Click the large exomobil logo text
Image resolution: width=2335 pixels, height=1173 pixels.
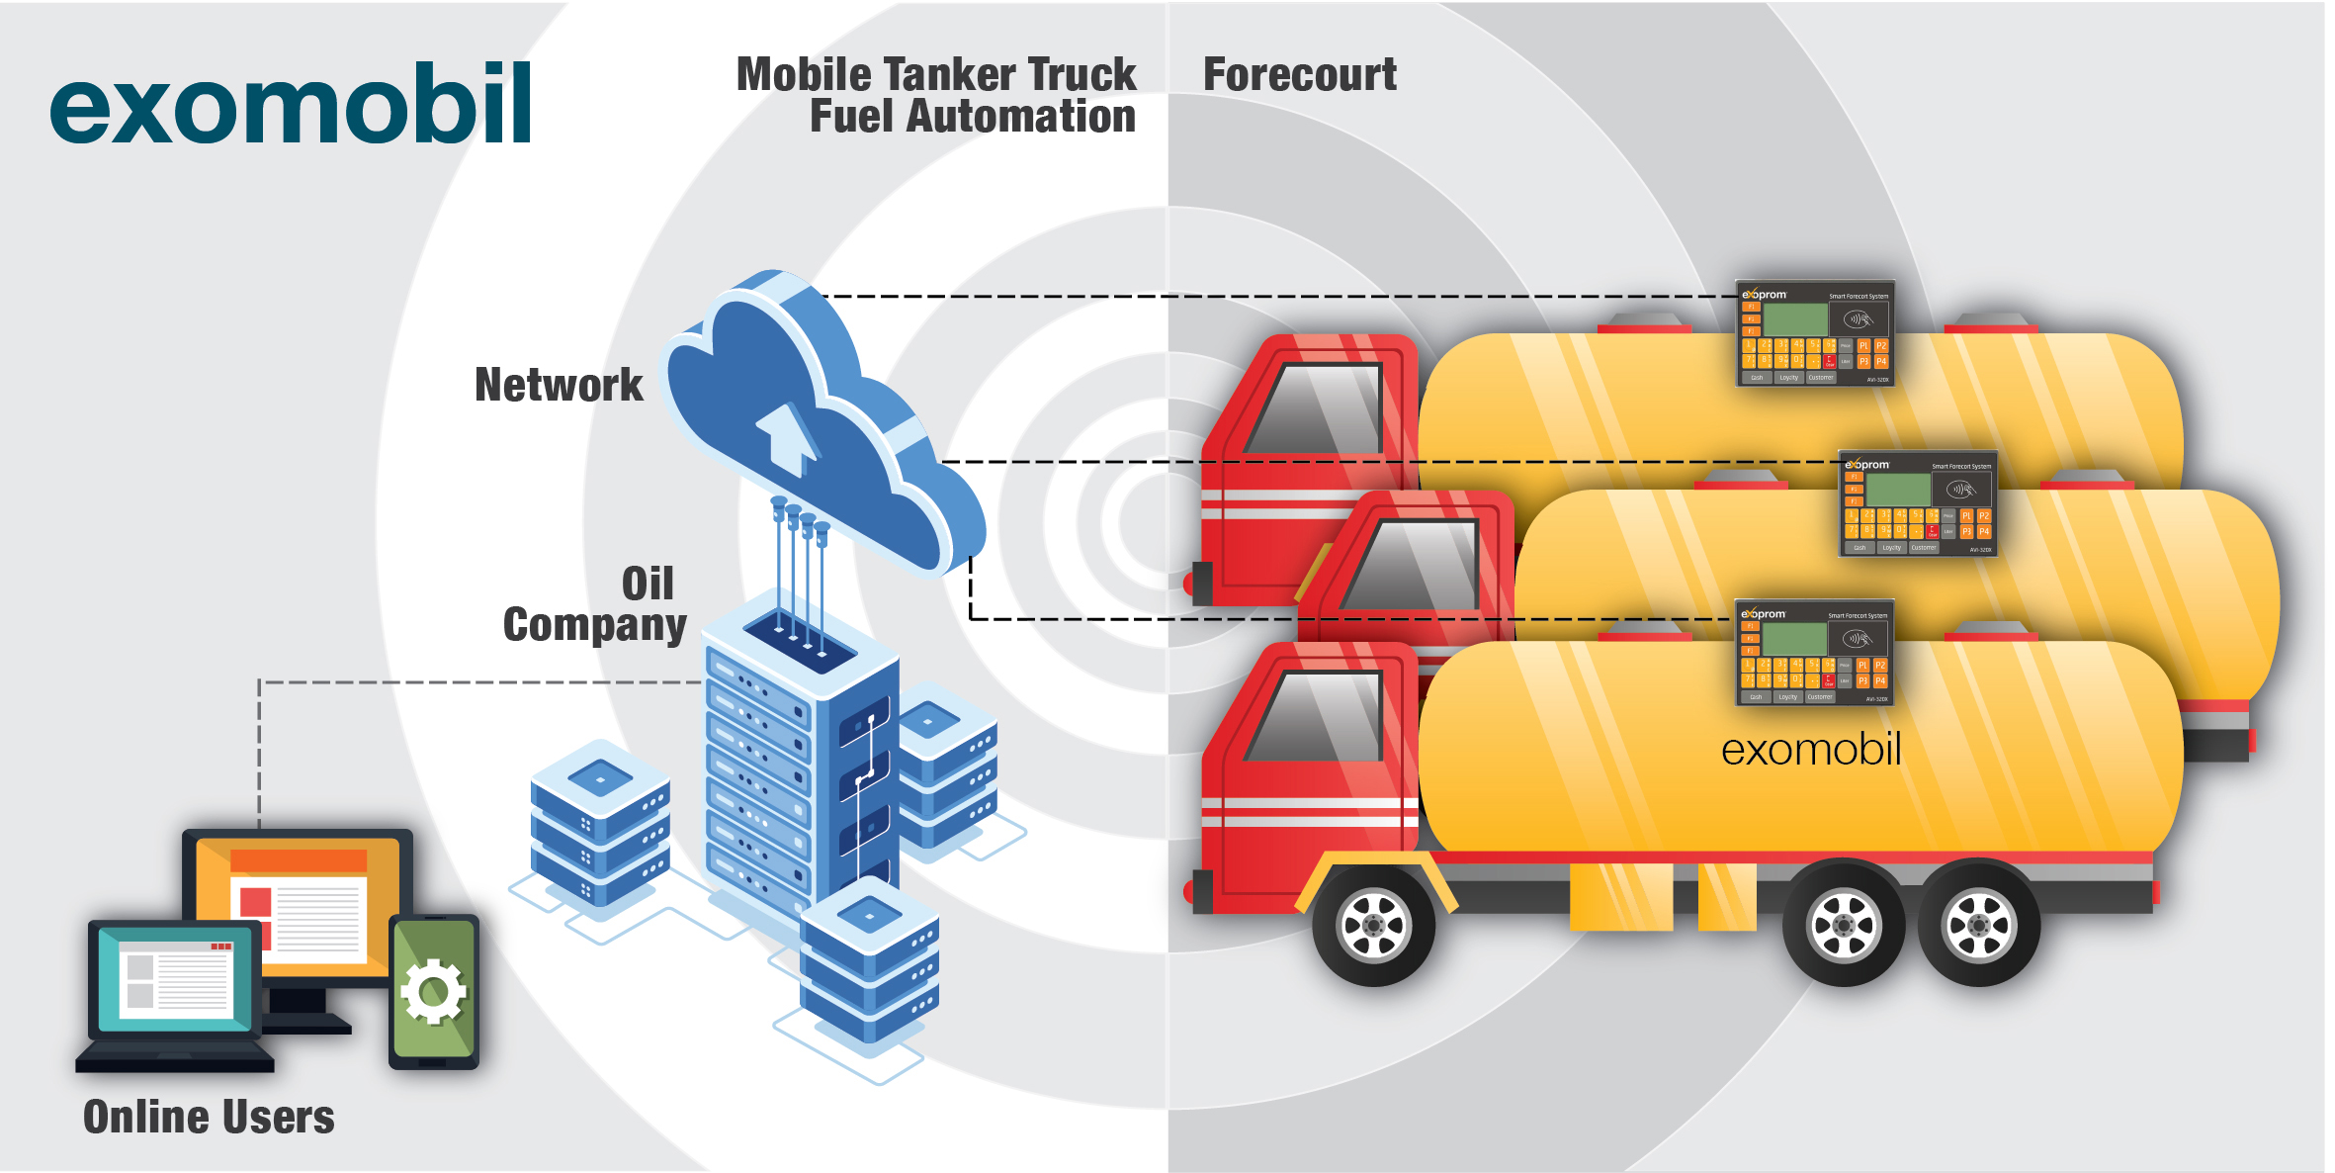tap(291, 105)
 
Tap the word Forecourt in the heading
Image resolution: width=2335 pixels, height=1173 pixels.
tap(1299, 75)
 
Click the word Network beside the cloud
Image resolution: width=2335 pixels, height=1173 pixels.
tap(559, 385)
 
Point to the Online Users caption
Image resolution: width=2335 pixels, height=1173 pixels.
tap(209, 1117)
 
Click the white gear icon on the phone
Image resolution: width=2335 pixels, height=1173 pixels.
tap(433, 991)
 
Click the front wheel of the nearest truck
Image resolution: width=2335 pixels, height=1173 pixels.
tap(1373, 925)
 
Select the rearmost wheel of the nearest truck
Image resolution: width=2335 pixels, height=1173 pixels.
tap(1978, 925)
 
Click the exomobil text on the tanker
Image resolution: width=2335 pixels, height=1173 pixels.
tap(1811, 750)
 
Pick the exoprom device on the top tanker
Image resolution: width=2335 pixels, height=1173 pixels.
tap(1815, 333)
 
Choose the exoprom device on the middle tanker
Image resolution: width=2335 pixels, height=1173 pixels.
tap(1918, 503)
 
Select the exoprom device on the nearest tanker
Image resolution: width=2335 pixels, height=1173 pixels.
tap(1814, 653)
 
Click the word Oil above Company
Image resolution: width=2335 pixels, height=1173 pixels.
tap(648, 584)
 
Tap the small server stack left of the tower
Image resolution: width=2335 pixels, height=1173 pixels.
tap(599, 823)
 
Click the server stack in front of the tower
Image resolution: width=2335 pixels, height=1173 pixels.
tap(869, 964)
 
